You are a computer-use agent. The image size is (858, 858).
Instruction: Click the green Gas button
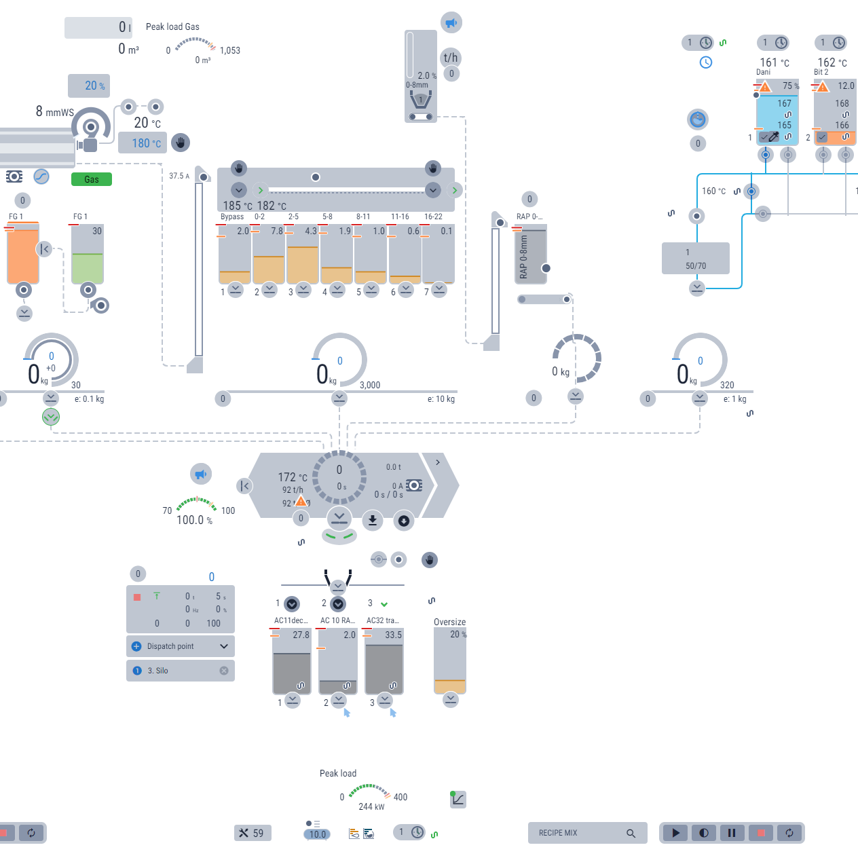(92, 179)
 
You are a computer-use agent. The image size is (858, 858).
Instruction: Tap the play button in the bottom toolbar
(675, 833)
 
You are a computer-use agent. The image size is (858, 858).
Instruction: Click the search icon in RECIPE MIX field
(631, 833)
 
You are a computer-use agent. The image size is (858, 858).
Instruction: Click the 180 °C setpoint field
(143, 143)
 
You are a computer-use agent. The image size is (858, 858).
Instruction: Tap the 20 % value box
(89, 86)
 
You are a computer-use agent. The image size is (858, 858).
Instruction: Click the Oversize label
(449, 622)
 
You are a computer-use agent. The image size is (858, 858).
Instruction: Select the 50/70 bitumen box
(695, 259)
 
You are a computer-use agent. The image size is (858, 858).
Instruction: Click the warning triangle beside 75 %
(765, 87)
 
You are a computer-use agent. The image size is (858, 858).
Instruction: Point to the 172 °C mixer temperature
(292, 477)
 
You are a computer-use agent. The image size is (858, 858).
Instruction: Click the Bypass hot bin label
(232, 217)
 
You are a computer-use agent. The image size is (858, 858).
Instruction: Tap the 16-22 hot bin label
(433, 217)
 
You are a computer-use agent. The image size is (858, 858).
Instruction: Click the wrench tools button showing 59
(253, 833)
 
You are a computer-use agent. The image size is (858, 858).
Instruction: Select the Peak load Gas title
(172, 27)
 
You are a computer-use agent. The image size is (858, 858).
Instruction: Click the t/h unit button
(451, 58)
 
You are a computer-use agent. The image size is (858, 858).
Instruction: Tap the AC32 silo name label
(382, 620)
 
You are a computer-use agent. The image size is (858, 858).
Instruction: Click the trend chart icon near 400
(458, 799)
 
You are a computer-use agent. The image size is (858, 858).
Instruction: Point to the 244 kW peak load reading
(371, 806)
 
